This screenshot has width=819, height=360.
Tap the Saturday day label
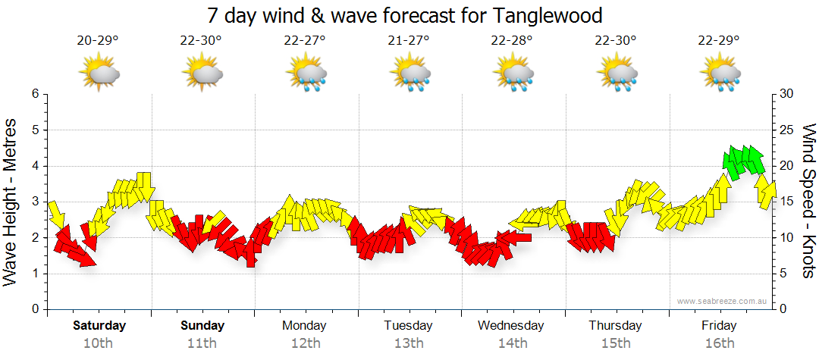[x=99, y=326]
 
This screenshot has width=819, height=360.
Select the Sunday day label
[x=202, y=326]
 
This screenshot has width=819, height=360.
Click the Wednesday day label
[x=511, y=326]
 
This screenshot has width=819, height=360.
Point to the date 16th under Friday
[x=719, y=343]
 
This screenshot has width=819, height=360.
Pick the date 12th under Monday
[x=304, y=343]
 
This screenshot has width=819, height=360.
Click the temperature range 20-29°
[x=98, y=41]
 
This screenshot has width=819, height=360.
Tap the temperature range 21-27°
[x=409, y=41]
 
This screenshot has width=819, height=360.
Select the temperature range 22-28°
[x=513, y=41]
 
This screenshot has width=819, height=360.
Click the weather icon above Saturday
[x=100, y=74]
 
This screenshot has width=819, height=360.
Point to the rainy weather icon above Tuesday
[x=411, y=74]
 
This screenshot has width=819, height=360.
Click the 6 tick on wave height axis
[x=35, y=94]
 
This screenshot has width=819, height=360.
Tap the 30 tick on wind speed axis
[x=786, y=94]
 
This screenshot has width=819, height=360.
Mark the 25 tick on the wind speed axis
[x=786, y=130]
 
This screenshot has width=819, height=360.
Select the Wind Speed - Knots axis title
[x=808, y=201]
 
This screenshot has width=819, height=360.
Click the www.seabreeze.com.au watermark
[x=723, y=301]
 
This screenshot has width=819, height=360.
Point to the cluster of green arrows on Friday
[x=743, y=160]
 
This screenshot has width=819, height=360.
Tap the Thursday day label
[x=615, y=326]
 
